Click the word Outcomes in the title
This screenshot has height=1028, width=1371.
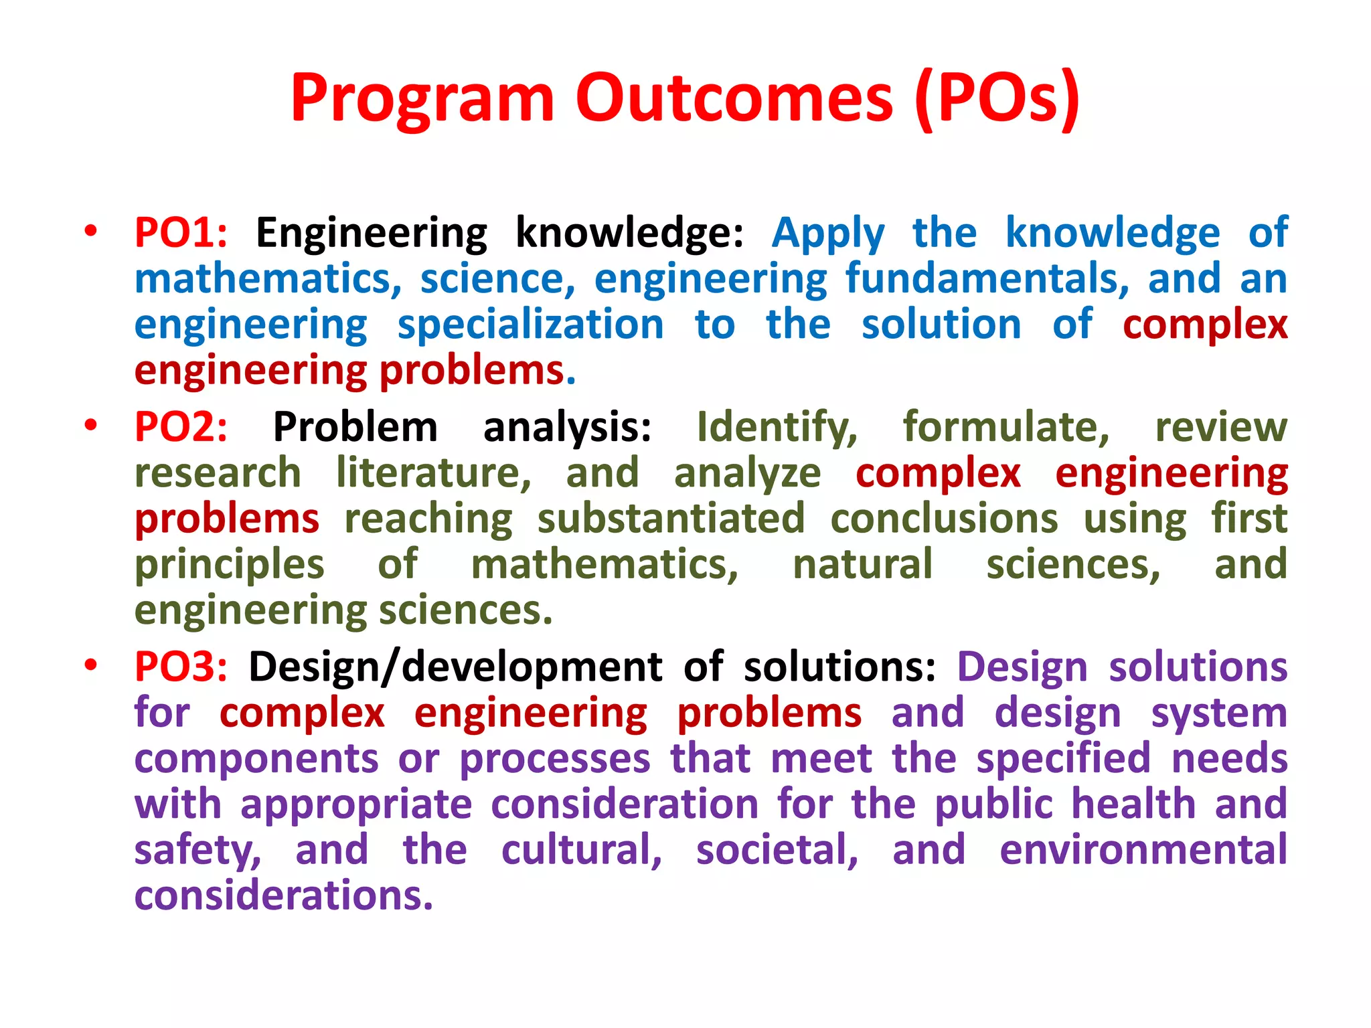tap(734, 99)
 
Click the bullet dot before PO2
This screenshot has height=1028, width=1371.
tap(91, 425)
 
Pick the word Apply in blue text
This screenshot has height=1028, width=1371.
tap(827, 234)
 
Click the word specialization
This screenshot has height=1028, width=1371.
tap(530, 326)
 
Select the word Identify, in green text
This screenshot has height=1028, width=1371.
tap(777, 428)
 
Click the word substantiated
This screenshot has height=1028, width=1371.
tap(671, 519)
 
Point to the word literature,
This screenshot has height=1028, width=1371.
tap(434, 473)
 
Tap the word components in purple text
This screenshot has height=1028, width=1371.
tap(256, 760)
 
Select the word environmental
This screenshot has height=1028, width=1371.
tap(1143, 850)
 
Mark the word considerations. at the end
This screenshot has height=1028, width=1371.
tap(284, 896)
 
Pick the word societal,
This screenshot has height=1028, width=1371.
tap(777, 850)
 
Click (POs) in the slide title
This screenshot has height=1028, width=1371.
tap(997, 99)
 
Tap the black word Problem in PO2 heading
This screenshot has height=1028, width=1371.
tap(355, 427)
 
